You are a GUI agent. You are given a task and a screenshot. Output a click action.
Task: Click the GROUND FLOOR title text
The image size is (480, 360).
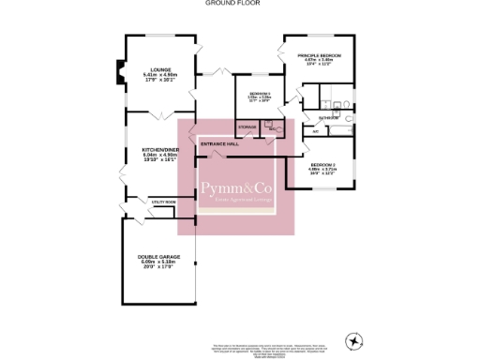click(x=232, y=4)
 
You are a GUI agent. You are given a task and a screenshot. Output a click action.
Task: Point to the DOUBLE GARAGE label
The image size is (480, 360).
click(x=159, y=257)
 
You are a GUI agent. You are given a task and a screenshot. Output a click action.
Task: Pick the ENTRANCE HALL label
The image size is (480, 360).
click(x=220, y=144)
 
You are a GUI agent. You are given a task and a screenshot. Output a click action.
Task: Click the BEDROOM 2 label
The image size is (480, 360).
click(x=323, y=165)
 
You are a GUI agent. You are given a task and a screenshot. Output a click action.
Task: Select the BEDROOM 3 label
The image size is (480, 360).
click(x=260, y=95)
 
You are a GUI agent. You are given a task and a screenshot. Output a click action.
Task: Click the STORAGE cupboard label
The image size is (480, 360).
click(x=247, y=126)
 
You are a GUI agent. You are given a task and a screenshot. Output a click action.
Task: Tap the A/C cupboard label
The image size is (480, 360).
click(x=316, y=131)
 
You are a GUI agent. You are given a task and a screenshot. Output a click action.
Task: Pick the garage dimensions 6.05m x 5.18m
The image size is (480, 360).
click(x=159, y=263)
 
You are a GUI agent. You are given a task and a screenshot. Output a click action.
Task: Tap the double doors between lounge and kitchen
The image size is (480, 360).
click(x=160, y=112)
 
